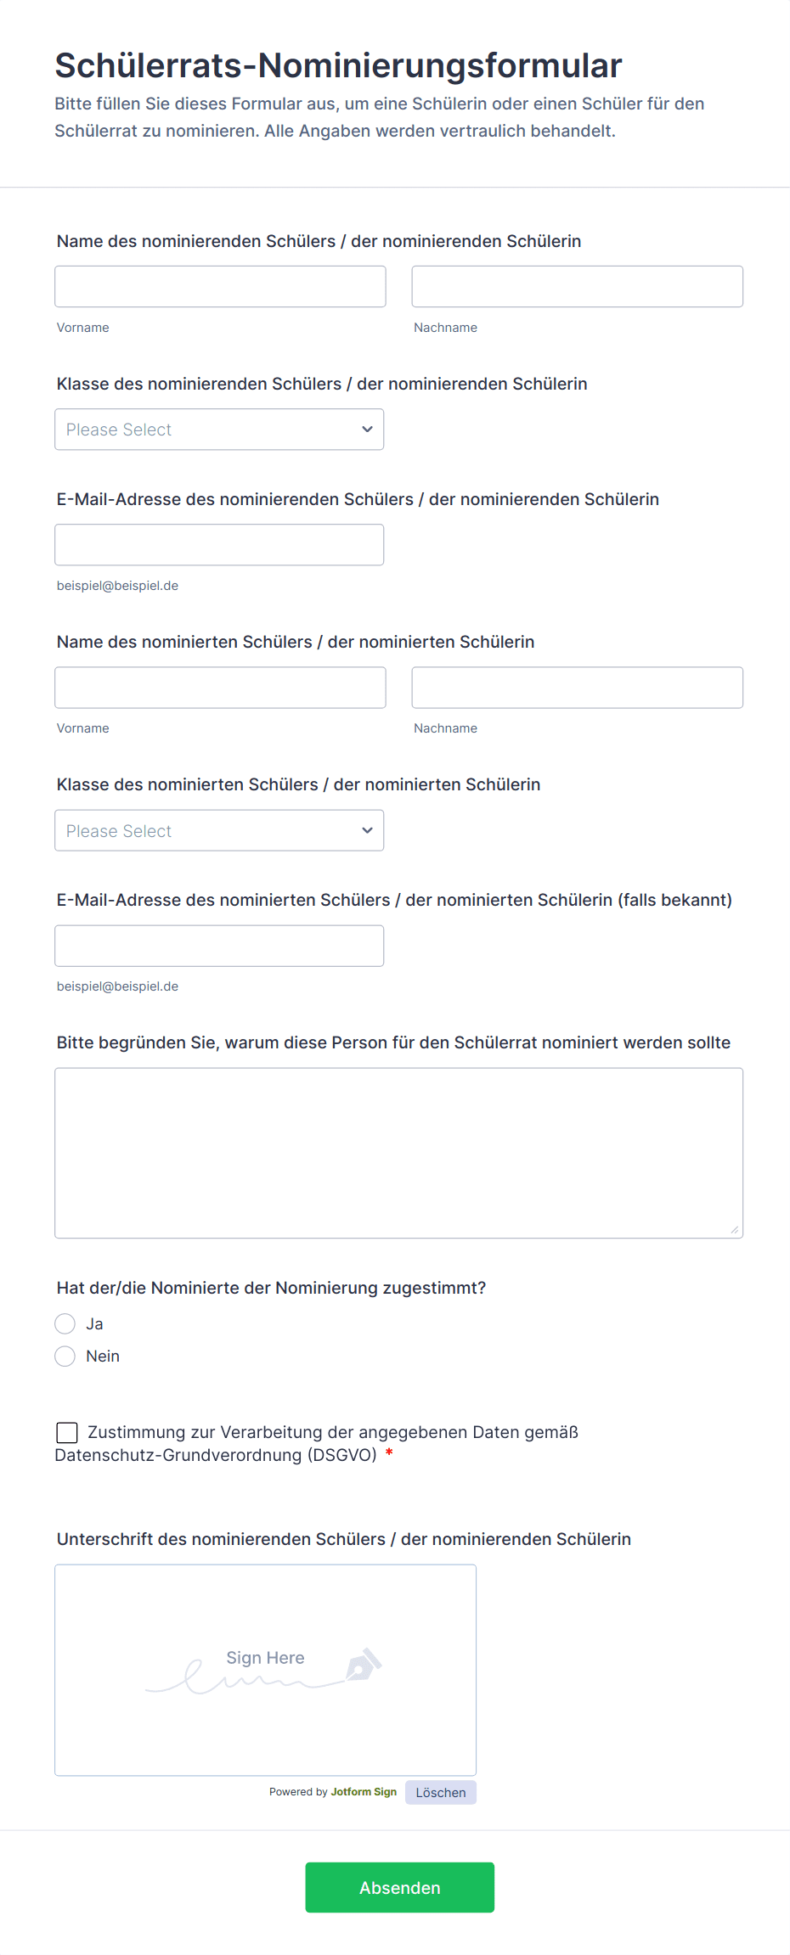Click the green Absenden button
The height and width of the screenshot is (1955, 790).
point(399,1887)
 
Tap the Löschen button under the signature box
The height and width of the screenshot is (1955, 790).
point(440,1792)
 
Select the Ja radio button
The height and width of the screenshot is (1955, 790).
point(65,1323)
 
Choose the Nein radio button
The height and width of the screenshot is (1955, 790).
point(65,1356)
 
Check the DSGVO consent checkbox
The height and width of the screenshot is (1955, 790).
point(67,1433)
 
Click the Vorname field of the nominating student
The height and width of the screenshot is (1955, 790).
point(220,287)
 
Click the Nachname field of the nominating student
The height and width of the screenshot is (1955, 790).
point(577,287)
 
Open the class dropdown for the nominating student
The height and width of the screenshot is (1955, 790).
point(219,430)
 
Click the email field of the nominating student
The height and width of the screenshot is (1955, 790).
point(219,545)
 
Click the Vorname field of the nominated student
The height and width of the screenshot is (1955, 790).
point(220,688)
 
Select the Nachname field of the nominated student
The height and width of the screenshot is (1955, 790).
point(577,688)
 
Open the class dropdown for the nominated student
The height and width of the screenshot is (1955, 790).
point(219,830)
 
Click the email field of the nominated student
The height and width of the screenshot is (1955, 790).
point(219,946)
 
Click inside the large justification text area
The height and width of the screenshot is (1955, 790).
point(398,1153)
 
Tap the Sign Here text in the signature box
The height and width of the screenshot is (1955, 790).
point(265,1657)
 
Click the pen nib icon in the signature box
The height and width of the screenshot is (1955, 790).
point(363,1666)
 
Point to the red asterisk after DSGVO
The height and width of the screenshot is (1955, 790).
point(389,1453)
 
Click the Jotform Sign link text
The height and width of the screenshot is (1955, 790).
point(364,1792)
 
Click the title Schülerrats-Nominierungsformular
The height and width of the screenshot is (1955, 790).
point(338,65)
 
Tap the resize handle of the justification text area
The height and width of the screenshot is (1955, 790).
point(735,1229)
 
